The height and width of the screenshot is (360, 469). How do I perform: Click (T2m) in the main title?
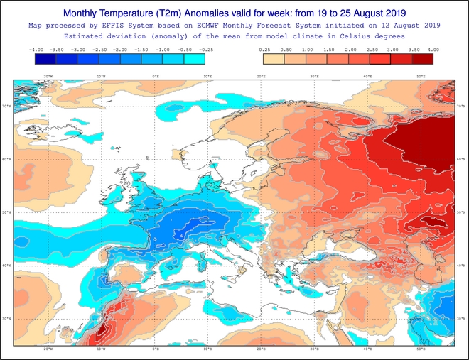click(x=169, y=13)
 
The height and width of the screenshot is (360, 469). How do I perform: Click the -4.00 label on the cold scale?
click(x=36, y=50)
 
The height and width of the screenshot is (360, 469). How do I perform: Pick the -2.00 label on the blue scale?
click(x=120, y=50)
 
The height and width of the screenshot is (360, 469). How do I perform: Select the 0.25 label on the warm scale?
click(x=265, y=50)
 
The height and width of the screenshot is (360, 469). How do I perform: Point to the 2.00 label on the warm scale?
click(x=350, y=50)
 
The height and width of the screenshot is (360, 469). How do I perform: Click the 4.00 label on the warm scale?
click(x=433, y=50)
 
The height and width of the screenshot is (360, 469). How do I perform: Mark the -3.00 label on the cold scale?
click(x=78, y=50)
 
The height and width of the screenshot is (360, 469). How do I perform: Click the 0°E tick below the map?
click(x=156, y=349)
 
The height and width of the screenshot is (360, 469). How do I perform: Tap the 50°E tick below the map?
click(x=421, y=349)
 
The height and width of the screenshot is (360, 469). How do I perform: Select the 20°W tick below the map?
click(x=48, y=349)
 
